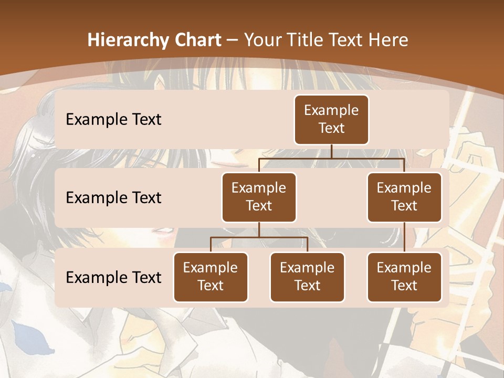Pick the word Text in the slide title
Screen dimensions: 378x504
click(x=344, y=40)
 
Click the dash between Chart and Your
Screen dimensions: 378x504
click(x=232, y=40)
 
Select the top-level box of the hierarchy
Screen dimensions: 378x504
click(x=331, y=120)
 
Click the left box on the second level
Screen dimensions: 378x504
click(x=259, y=197)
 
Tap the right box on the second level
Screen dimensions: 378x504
click(x=404, y=197)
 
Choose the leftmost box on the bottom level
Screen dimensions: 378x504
click(x=211, y=277)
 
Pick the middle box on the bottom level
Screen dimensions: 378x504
click(x=307, y=277)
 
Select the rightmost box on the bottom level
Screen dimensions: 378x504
click(x=404, y=277)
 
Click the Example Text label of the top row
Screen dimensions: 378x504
click(x=113, y=120)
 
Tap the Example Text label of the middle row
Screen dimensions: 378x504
click(x=113, y=198)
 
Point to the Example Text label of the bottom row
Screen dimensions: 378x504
click(x=113, y=277)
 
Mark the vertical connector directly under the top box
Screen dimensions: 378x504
click(x=331, y=151)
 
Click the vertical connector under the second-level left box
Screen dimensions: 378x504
click(x=259, y=229)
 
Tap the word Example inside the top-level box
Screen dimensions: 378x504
click(x=331, y=110)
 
